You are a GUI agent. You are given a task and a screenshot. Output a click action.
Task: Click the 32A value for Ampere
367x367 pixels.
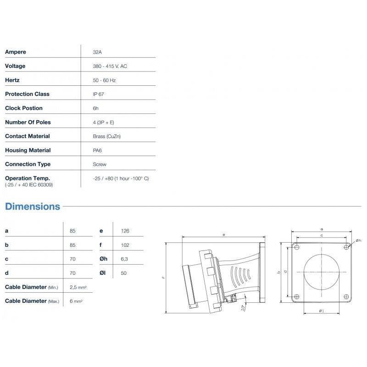tap(97, 52)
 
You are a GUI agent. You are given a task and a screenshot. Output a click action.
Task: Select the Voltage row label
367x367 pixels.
tap(15, 66)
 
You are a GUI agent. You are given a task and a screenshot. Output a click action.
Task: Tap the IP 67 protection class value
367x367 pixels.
tap(98, 95)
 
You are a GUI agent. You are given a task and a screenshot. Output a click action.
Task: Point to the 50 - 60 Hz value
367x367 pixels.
tap(104, 80)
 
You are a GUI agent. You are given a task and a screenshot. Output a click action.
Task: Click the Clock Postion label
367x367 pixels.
tap(24, 108)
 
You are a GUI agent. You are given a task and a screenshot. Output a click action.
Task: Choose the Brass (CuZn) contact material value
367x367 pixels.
tap(107, 136)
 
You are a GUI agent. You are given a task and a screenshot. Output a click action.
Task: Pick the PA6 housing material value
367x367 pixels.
tap(97, 150)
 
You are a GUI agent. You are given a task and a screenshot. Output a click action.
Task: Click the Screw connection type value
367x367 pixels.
tap(100, 164)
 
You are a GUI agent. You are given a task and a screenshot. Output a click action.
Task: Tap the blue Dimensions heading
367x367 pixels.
tap(33, 206)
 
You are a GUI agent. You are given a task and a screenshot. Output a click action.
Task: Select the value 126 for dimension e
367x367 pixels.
tap(125, 231)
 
